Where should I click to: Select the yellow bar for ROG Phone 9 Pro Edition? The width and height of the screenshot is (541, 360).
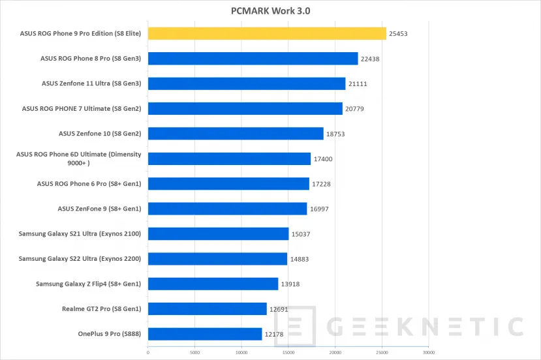[267, 33]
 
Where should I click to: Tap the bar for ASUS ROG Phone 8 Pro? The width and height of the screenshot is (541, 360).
[253, 59]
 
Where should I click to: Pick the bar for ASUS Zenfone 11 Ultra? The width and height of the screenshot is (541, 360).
[247, 83]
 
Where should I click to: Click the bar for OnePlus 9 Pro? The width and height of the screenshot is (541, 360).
[205, 334]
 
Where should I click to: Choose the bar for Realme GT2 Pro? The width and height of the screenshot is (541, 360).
[208, 309]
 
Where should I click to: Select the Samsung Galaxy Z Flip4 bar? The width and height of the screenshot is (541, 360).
[213, 284]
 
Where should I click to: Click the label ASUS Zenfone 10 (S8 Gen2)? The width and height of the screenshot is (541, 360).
[100, 134]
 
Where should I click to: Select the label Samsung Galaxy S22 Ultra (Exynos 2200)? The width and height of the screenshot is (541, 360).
[80, 259]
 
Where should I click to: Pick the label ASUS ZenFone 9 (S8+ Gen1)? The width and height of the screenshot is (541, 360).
[100, 209]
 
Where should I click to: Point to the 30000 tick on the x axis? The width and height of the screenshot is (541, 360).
[427, 353]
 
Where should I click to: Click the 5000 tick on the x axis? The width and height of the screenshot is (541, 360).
[194, 353]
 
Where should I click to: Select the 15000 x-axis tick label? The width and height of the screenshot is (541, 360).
[288, 353]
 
